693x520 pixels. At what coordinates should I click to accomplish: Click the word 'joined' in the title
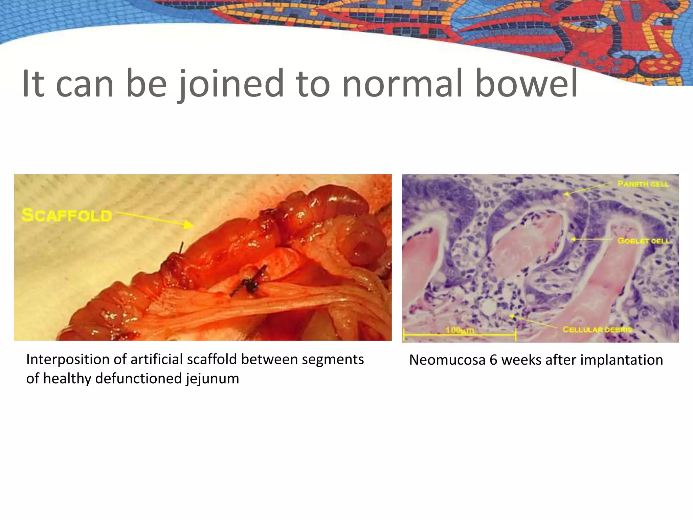click(231, 84)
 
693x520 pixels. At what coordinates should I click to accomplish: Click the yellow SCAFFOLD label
click(67, 216)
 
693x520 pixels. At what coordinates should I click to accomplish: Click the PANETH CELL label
click(643, 184)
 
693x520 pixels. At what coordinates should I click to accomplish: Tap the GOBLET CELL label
click(643, 241)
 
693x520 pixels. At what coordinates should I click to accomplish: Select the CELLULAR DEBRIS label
click(597, 329)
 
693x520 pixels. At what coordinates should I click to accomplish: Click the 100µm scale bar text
click(460, 330)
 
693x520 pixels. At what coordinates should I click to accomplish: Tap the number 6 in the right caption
click(493, 360)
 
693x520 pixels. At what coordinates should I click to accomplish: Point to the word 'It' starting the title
click(33, 84)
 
